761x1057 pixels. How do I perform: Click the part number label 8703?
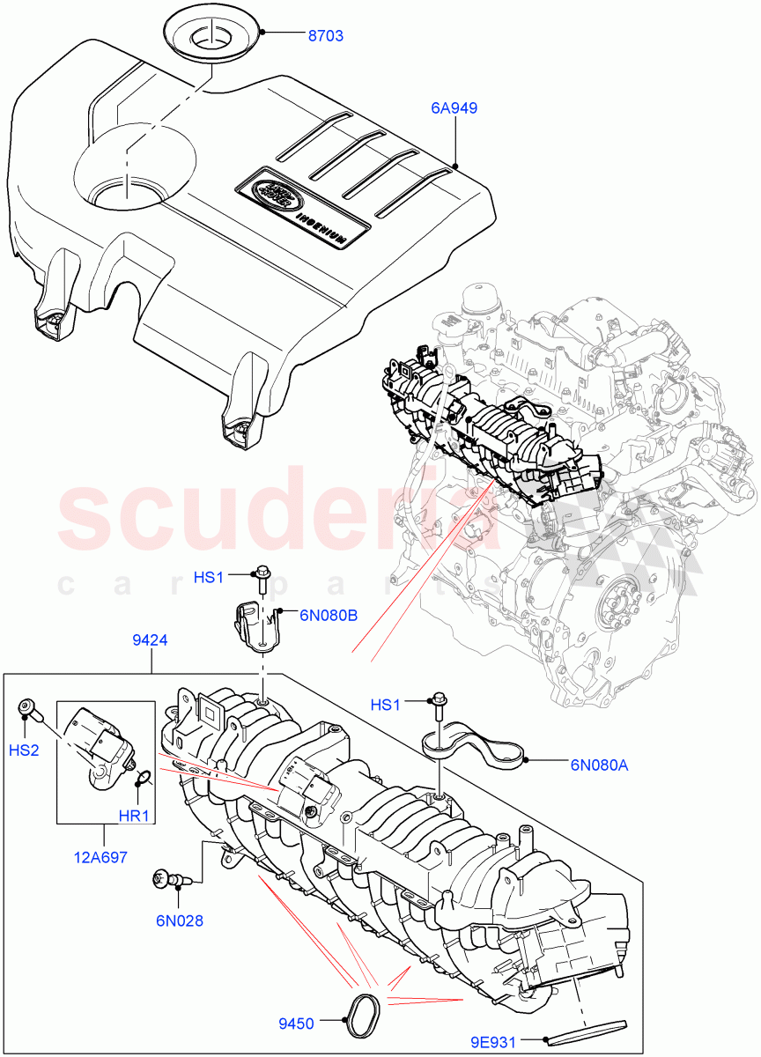click(x=325, y=36)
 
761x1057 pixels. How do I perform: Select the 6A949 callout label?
click(x=454, y=108)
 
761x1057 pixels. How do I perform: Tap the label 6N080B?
click(x=328, y=616)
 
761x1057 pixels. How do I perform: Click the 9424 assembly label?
click(x=151, y=641)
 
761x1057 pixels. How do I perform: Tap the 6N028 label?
click(x=179, y=920)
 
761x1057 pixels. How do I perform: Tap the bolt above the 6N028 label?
click(x=167, y=876)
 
